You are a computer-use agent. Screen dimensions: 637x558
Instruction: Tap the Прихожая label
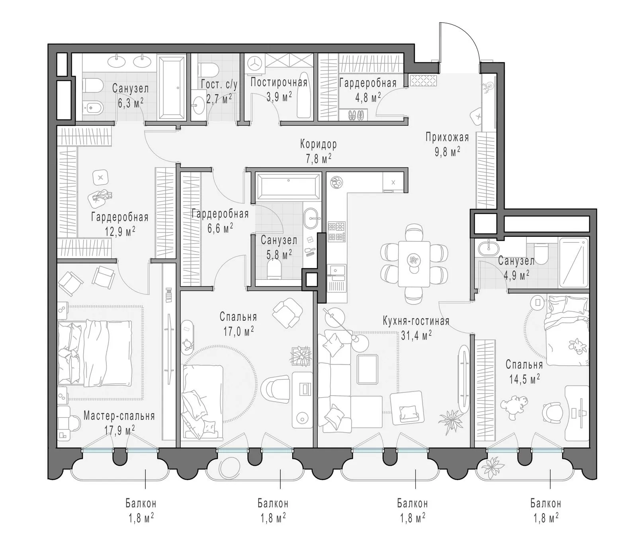pos(447,138)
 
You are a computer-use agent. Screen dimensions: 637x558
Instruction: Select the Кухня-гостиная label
pos(416,321)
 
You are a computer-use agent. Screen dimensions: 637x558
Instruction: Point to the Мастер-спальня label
pos(119,416)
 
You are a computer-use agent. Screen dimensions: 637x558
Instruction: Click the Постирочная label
pos(279,83)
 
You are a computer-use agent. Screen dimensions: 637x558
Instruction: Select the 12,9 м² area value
pos(119,232)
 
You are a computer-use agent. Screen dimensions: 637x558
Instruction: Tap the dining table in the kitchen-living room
pos(414,263)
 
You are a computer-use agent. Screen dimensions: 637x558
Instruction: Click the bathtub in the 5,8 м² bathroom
pos(288,185)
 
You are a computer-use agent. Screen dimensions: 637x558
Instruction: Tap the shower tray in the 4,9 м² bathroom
pos(573,262)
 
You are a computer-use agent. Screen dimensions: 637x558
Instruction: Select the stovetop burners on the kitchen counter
pos(337,232)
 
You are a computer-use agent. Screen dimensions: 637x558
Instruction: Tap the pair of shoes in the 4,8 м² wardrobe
pos(356,115)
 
